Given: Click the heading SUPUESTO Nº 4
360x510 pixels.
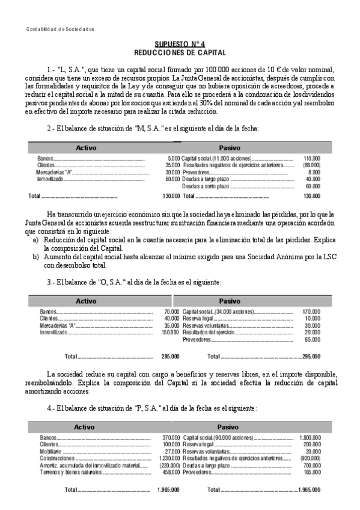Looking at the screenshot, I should point(180,45).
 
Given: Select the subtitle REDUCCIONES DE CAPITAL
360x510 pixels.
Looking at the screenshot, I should point(180,52).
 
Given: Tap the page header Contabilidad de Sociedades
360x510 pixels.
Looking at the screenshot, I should point(61,29).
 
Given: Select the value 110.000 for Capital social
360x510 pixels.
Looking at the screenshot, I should point(312,158).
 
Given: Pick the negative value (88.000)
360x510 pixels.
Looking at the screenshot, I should point(311,165).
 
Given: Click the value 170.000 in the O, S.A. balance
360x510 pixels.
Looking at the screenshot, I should point(311,312).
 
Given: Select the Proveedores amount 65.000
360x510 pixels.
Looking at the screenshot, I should point(312,340).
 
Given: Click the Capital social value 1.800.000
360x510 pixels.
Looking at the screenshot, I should point(310,437).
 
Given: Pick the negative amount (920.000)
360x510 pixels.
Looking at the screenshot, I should point(310,458).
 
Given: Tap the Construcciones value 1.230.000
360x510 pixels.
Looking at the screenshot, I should point(169,458).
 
